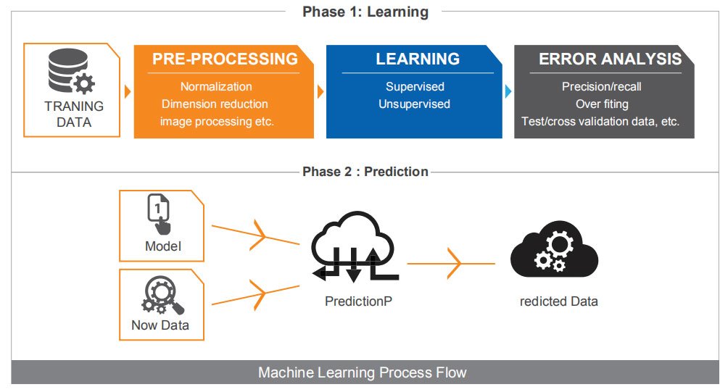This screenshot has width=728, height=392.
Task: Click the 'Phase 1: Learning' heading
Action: pos(365,12)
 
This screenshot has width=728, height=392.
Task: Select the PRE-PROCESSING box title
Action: pos(225,59)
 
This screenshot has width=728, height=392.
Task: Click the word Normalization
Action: pos(216,86)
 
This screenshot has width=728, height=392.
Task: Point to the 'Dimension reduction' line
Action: pos(215,104)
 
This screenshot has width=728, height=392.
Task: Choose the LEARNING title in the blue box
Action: pos(418,59)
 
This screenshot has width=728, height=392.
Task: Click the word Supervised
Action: pos(415,86)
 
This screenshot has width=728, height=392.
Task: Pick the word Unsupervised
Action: pos(414,104)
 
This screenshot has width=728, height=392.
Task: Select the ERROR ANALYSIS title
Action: pos(610,59)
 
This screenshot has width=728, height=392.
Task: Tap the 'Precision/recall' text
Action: pos(602,86)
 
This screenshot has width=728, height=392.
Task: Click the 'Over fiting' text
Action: pos(602,104)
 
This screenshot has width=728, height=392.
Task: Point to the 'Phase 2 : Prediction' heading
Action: pos(365,172)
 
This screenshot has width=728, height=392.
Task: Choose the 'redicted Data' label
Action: pos(559,301)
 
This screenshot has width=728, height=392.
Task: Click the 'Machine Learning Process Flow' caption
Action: pos(363,373)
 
